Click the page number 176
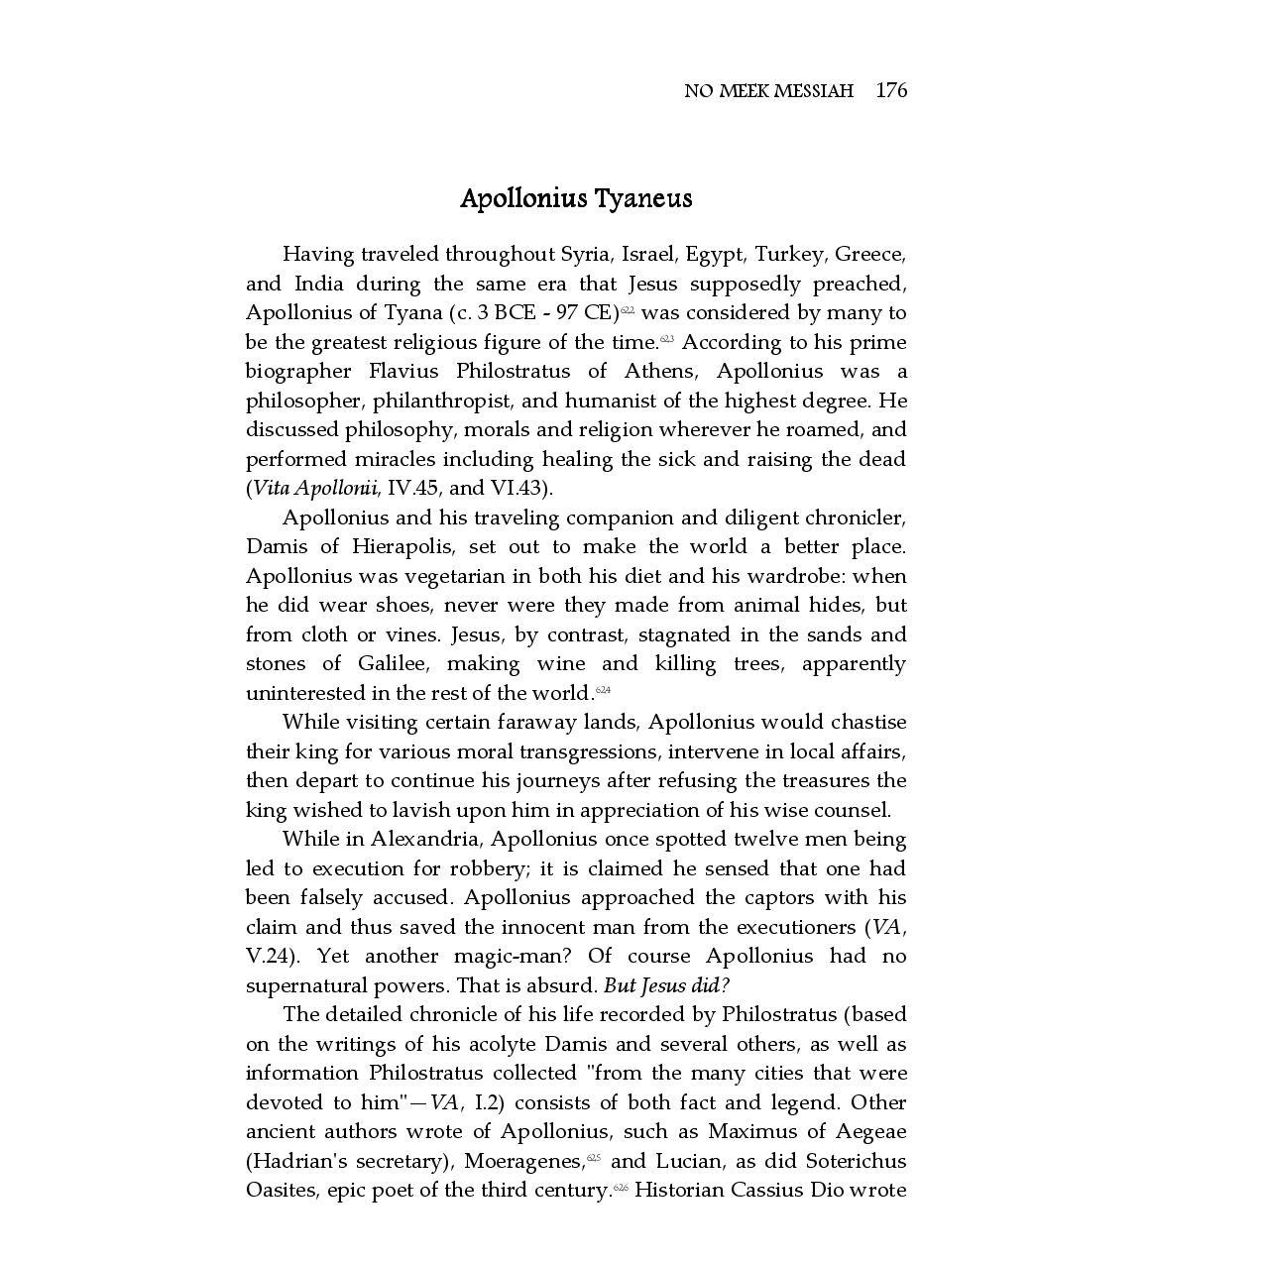(x=891, y=91)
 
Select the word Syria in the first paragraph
(x=585, y=255)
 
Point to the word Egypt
(x=714, y=255)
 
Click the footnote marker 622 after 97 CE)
(x=628, y=310)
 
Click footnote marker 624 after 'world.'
(x=604, y=690)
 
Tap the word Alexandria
(x=426, y=840)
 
